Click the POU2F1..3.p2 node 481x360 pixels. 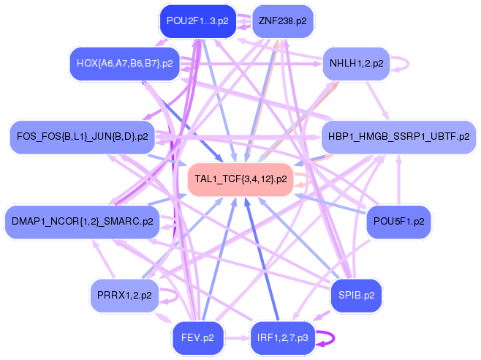(x=198, y=21)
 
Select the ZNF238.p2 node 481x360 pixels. (x=282, y=21)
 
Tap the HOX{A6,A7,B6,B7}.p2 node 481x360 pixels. (x=124, y=64)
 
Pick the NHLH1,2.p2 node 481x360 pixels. (x=356, y=64)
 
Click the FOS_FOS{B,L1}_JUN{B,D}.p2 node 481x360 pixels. (x=82, y=137)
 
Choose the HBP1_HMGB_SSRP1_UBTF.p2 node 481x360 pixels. (x=398, y=137)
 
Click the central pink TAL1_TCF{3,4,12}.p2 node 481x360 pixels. (x=240, y=179)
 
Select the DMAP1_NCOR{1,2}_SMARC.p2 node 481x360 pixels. (x=82, y=222)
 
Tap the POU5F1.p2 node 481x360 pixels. (x=398, y=222)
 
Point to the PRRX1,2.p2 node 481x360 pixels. (x=124, y=296)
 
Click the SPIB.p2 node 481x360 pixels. (x=356, y=296)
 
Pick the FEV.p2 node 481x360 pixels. (x=198, y=338)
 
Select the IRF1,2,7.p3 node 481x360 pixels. (x=282, y=338)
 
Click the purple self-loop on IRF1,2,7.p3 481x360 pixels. (x=334, y=338)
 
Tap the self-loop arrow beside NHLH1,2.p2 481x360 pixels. (x=408, y=64)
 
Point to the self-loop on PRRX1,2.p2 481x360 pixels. (x=177, y=296)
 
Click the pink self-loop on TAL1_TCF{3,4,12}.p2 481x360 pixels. (x=311, y=179)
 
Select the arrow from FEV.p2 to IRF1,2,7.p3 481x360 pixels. (x=237, y=338)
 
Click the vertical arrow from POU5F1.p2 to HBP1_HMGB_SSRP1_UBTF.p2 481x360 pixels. (x=399, y=179)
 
